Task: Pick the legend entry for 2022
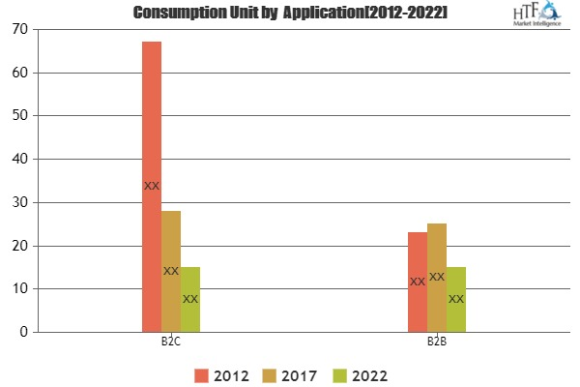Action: (362, 373)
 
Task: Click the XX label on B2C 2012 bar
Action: (152, 186)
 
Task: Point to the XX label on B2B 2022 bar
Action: (456, 299)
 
